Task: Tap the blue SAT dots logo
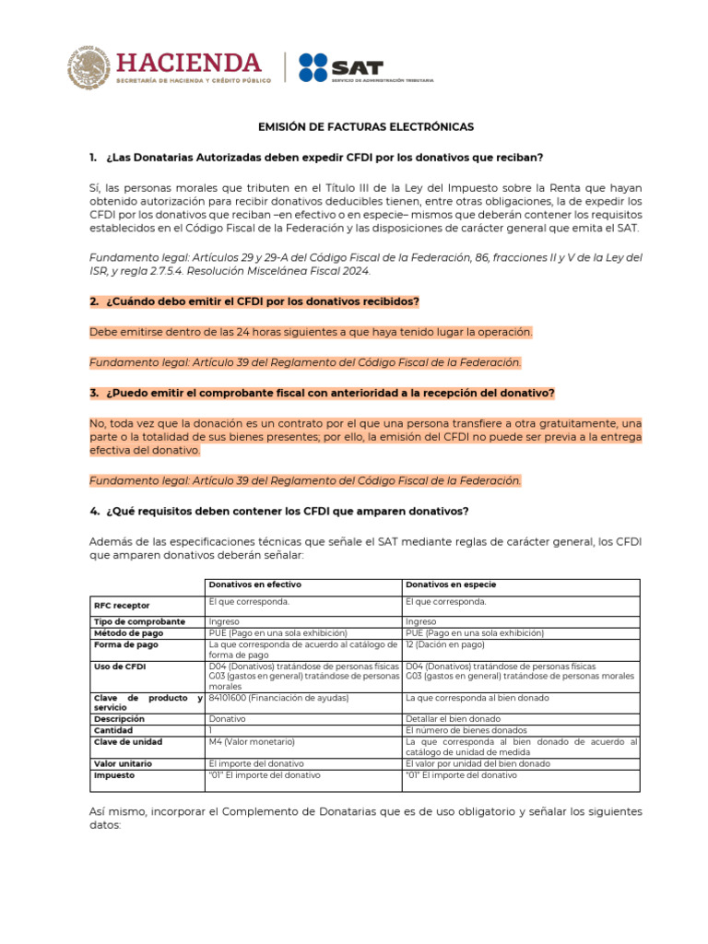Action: (313, 67)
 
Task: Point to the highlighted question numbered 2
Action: (260, 301)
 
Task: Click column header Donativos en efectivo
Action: (254, 585)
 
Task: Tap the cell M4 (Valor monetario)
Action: (252, 741)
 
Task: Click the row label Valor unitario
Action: (123, 763)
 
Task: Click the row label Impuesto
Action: (114, 775)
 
